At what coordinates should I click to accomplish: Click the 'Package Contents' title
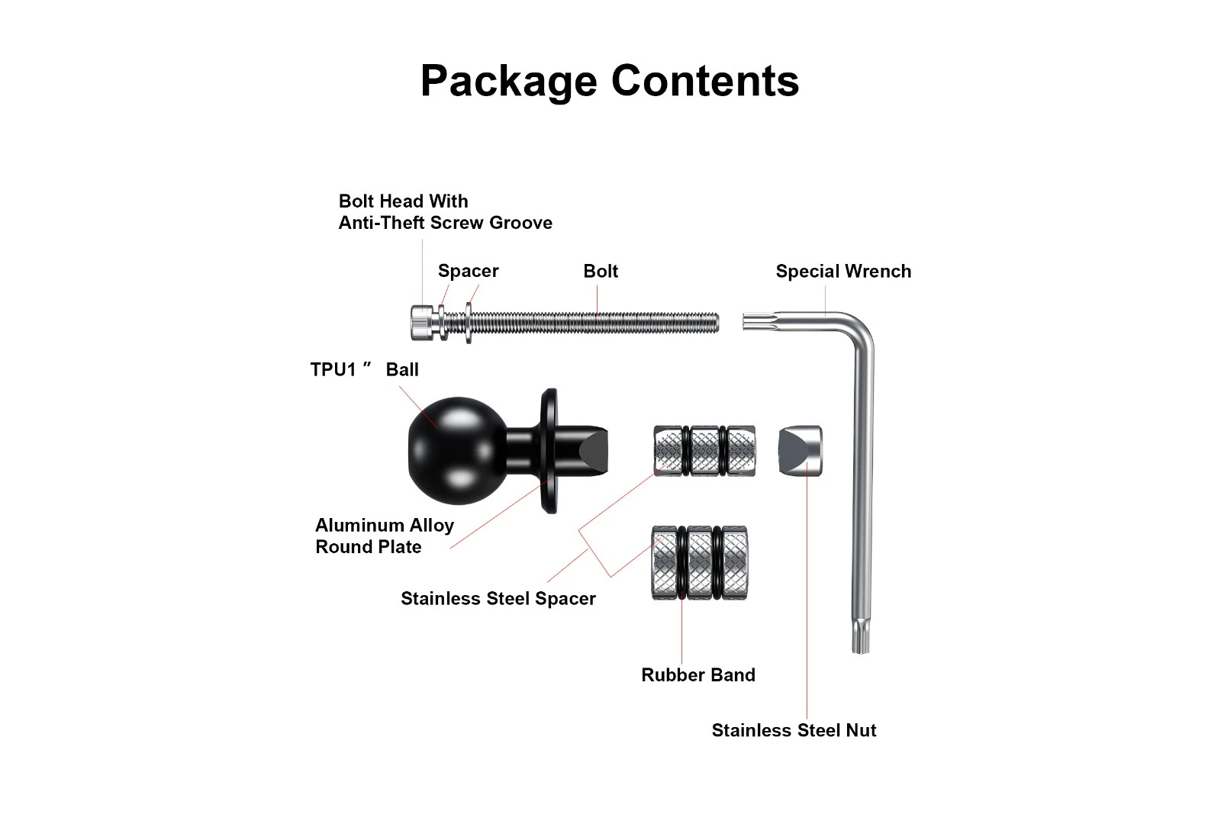(610, 81)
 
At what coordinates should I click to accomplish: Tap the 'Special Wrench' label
(843, 272)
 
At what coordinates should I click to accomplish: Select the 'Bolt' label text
(601, 272)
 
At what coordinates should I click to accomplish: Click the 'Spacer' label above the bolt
(468, 272)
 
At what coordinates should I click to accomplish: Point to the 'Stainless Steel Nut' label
(794, 731)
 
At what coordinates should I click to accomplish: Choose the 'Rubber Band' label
(698, 675)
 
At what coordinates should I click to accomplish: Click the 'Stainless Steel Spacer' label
(498, 599)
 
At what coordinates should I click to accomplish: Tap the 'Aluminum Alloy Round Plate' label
(384, 536)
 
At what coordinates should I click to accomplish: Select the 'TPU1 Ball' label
(365, 370)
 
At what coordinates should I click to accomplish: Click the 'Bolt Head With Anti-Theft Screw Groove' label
(445, 212)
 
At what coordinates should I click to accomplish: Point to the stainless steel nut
(800, 451)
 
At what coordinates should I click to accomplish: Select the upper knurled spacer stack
(704, 451)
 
